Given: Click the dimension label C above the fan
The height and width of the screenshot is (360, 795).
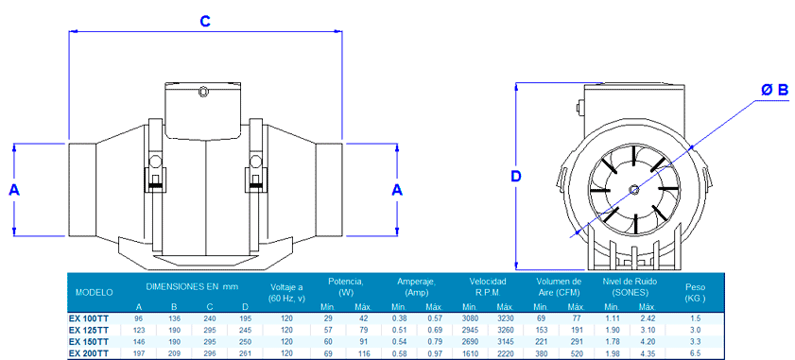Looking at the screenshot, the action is click(x=205, y=21).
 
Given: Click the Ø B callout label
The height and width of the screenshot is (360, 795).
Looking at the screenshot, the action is click(x=775, y=91).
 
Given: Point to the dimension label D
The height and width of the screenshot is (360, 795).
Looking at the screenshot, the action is click(x=516, y=177).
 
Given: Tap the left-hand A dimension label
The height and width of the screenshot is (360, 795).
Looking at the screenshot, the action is click(x=14, y=190).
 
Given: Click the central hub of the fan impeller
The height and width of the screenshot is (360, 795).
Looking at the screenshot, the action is click(x=633, y=189).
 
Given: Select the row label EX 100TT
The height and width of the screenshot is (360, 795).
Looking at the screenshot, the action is click(x=88, y=318).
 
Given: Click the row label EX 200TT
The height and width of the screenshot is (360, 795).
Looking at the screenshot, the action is click(x=88, y=351).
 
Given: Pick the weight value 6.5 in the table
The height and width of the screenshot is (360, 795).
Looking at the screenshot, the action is click(x=695, y=351).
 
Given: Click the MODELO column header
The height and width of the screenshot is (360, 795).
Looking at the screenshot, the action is click(x=94, y=293).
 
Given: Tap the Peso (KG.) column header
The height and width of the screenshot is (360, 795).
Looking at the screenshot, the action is click(x=695, y=293).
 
